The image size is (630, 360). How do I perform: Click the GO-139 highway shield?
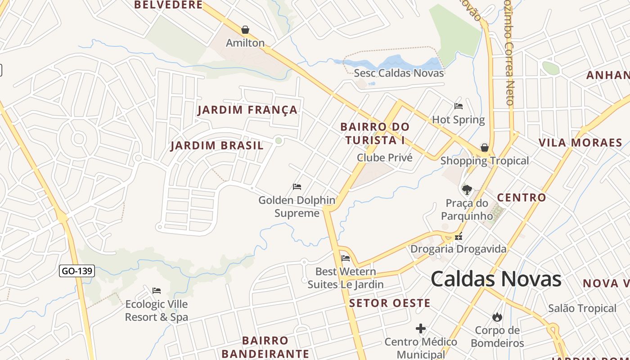(77, 271)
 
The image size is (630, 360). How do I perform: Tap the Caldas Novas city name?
(496, 279)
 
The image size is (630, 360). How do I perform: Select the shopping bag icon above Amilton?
(245, 30)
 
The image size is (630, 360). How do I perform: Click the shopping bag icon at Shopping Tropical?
(485, 148)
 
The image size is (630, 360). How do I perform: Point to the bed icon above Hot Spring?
(459, 106)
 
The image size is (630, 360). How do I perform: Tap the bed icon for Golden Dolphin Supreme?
(297, 187)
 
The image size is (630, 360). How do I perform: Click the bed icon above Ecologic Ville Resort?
(157, 291)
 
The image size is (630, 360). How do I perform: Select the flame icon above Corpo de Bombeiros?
(497, 317)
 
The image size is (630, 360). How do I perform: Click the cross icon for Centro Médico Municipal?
(421, 329)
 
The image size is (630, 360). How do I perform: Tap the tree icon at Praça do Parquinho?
(467, 189)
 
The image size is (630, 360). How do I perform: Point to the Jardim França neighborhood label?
(247, 110)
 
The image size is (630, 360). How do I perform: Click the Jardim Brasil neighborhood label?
(217, 146)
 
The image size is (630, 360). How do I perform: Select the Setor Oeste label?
(390, 303)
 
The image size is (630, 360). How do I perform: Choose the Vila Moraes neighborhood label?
(580, 143)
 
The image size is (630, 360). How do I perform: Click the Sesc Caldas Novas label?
(399, 73)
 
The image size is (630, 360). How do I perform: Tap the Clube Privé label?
(384, 157)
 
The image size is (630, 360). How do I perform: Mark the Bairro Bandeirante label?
(265, 347)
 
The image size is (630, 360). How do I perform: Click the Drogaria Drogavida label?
(458, 249)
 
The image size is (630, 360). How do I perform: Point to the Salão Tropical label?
(582, 308)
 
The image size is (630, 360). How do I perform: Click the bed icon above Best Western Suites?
(346, 258)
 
